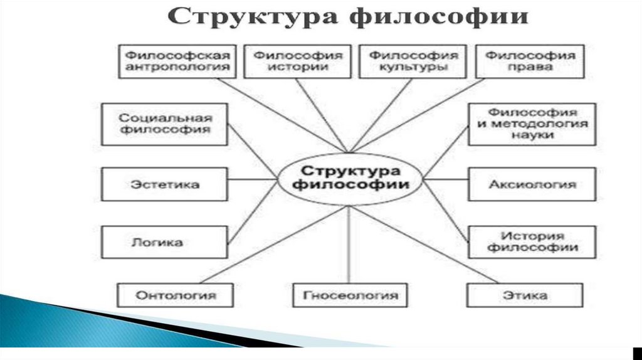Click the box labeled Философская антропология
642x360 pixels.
point(175,61)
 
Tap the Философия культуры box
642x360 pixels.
point(413,61)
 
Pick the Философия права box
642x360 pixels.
point(530,61)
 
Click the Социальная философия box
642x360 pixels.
point(165,124)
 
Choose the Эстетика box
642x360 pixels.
point(165,184)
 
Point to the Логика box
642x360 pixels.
point(165,241)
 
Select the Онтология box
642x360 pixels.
point(176,295)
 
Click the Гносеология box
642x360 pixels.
point(350,295)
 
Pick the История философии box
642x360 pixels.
point(532,241)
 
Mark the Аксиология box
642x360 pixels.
point(532,184)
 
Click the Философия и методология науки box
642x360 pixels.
point(532,124)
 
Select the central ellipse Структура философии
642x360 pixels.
point(349,177)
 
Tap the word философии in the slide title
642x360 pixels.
point(439,18)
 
